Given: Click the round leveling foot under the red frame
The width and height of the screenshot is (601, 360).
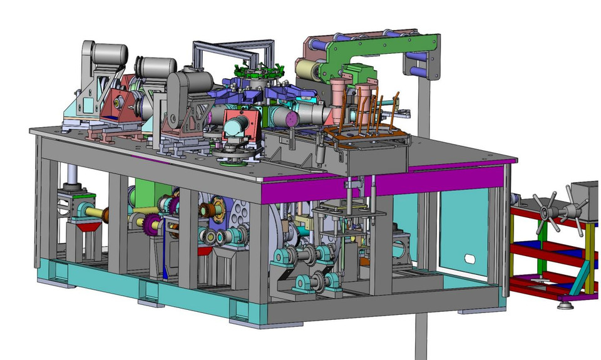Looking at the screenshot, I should [x=566, y=306].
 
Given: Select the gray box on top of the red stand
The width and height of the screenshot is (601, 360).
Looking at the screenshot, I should [x=587, y=200].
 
